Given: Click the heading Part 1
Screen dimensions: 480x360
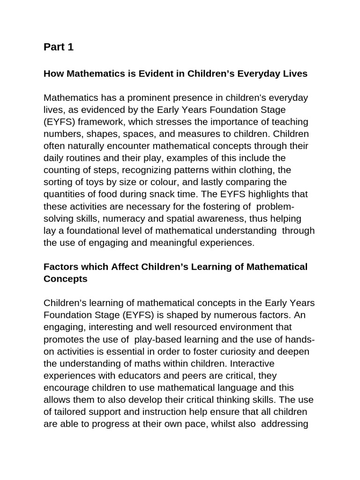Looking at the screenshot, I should tap(59, 47).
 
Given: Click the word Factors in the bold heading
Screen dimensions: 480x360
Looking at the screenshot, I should tap(60, 267).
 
